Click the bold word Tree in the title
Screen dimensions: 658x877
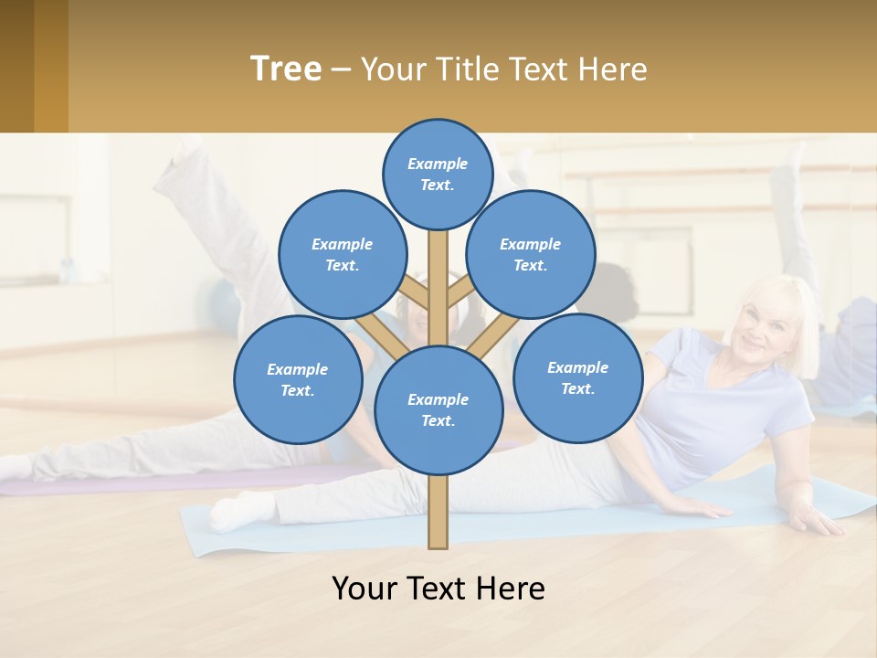[x=286, y=69]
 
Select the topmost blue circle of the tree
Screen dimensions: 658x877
[x=438, y=174]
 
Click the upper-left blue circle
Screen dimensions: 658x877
[x=342, y=254]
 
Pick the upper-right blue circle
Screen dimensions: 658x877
[x=530, y=254]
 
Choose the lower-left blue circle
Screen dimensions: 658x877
[x=297, y=379]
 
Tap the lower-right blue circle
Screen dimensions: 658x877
[x=577, y=377]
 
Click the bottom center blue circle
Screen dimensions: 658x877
[x=438, y=409]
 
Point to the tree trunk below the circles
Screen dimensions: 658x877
[x=438, y=512]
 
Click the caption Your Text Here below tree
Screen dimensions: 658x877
[x=438, y=589]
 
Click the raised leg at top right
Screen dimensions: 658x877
[x=786, y=210]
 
